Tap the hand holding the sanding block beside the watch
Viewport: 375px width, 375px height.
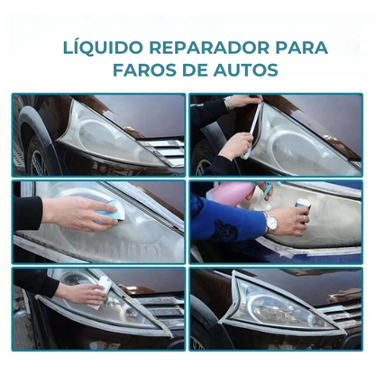point(293,219)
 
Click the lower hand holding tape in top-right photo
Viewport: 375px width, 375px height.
point(236,144)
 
